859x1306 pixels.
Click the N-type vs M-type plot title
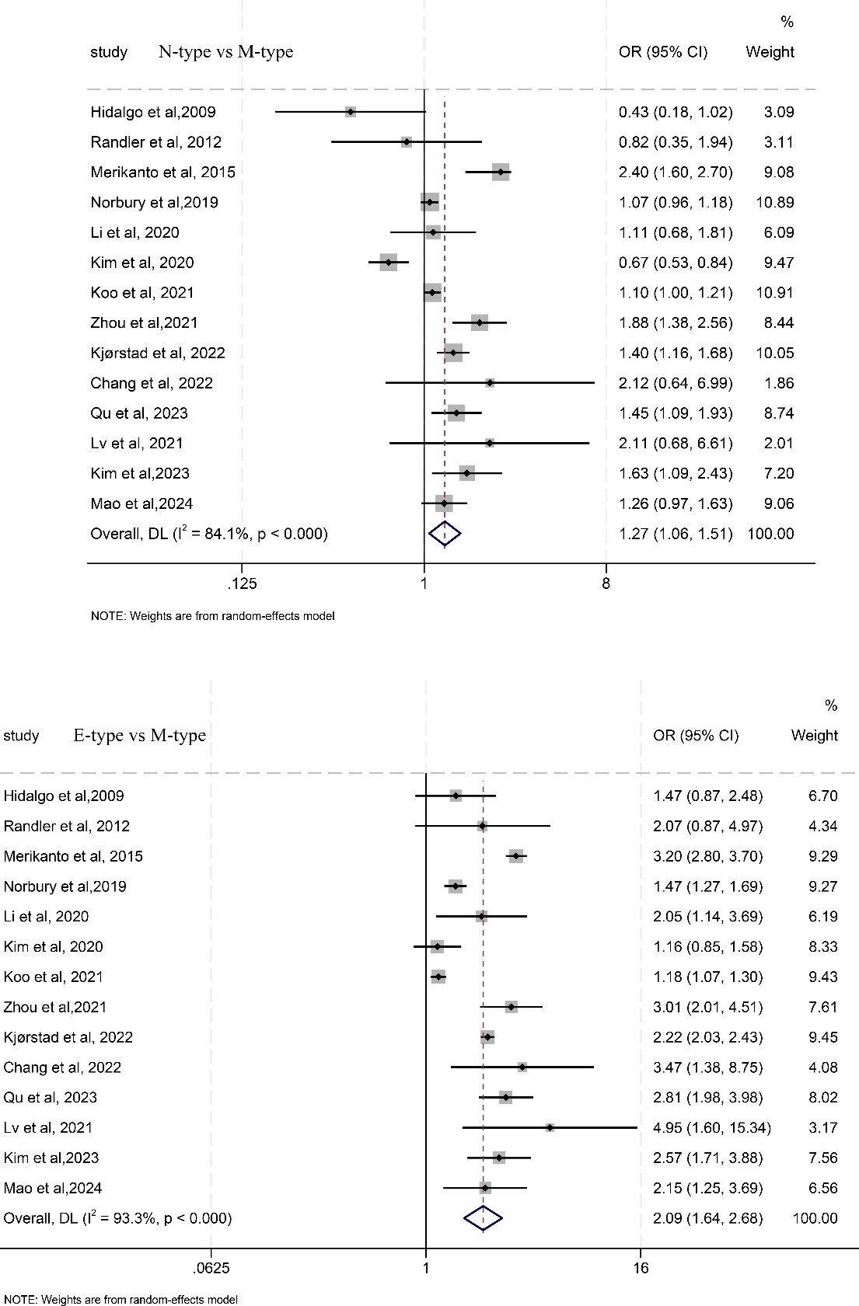coord(226,52)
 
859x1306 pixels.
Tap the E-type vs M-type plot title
coord(140,735)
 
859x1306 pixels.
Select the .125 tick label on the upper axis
coord(241,583)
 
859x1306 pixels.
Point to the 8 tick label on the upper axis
coord(606,583)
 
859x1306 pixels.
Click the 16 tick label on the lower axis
coord(641,1269)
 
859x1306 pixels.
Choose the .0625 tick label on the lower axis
coord(211,1269)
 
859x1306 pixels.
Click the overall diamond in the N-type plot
coord(445,534)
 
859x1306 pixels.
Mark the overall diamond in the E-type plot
coord(484,1218)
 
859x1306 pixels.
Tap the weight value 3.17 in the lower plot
coord(823,1127)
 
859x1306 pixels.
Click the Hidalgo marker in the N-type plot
coord(351,112)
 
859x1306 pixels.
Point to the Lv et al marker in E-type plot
coord(550,1127)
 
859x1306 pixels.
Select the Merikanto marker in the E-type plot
coord(515,856)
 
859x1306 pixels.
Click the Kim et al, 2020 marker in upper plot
coord(388,263)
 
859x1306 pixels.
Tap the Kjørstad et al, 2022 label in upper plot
coord(158,353)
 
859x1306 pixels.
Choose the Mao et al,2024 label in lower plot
coord(53,1188)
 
